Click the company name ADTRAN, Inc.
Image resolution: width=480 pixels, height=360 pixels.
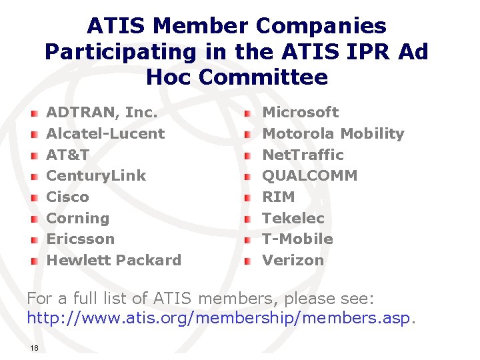click(101, 112)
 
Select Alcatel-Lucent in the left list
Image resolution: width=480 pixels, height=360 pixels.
click(105, 133)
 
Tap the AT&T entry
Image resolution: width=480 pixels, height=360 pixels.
click(67, 155)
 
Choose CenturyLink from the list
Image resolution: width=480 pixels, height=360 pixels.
click(95, 175)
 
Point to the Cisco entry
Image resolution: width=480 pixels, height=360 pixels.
click(67, 197)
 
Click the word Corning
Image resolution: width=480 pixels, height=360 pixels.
click(77, 218)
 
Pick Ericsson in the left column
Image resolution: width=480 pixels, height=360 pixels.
click(80, 239)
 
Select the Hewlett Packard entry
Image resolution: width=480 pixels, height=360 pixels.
click(113, 260)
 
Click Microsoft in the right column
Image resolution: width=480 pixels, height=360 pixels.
click(300, 112)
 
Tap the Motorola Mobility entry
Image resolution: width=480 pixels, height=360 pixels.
click(333, 133)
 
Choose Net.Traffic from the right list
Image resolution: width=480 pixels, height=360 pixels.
click(303, 155)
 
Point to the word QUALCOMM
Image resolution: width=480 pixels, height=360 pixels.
click(309, 175)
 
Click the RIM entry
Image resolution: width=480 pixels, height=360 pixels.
click(278, 197)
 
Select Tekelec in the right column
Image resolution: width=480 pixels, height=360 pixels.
click(293, 218)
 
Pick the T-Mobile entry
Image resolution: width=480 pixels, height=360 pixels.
click(297, 239)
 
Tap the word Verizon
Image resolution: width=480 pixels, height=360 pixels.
click(293, 260)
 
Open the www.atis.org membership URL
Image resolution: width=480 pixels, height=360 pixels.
click(220, 318)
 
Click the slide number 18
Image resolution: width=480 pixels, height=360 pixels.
click(33, 348)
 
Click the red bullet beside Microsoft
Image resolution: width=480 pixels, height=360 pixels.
click(247, 113)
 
